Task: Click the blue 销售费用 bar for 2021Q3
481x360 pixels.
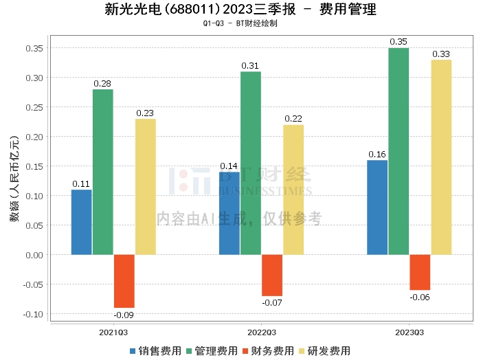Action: [82, 222]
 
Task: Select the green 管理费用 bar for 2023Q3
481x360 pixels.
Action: [399, 151]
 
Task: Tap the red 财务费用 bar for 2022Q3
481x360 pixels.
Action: [272, 275]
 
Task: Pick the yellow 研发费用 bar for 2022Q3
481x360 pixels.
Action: [293, 190]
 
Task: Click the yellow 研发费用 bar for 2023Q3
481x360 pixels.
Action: [441, 157]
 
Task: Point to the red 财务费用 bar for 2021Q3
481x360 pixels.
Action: [124, 281]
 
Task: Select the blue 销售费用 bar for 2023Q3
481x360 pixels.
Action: [377, 207]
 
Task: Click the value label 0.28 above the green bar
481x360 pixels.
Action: [102, 83]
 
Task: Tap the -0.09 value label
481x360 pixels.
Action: [124, 315]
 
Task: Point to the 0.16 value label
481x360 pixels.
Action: [377, 155]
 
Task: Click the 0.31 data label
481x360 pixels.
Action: [250, 66]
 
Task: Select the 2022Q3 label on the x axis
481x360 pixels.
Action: [262, 333]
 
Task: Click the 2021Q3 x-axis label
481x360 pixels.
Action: [113, 333]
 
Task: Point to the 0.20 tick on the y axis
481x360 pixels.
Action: [34, 137]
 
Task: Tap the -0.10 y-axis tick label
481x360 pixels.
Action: [33, 314]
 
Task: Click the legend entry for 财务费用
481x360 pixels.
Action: [268, 351]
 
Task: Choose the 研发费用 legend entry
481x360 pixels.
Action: [324, 351]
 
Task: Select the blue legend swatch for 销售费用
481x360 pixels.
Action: [133, 351]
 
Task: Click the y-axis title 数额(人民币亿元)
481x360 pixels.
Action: [14, 179]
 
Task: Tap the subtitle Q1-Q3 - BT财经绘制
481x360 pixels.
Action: [240, 23]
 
